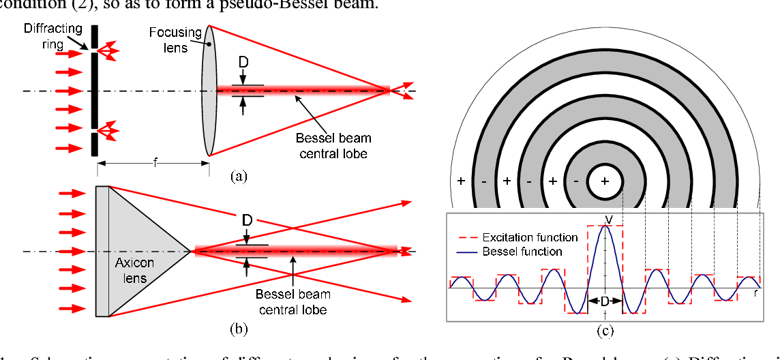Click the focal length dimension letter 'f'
[x=155, y=164]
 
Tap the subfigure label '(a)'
[x=238, y=175]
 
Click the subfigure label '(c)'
[x=605, y=332]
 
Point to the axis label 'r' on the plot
[x=756, y=293]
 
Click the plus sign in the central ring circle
[x=605, y=181]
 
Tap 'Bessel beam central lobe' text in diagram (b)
[x=292, y=301]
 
